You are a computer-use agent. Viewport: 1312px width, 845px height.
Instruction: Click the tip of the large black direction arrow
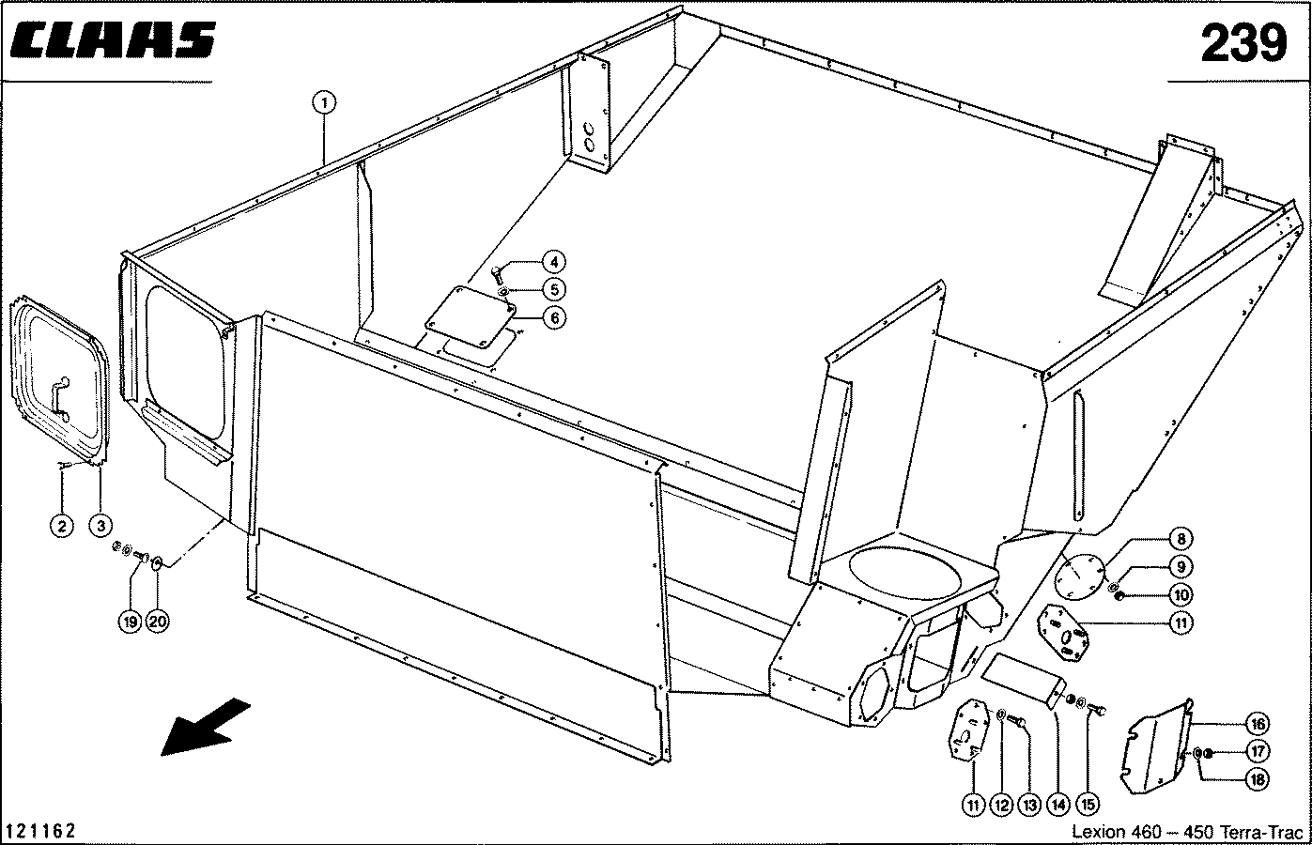(162, 755)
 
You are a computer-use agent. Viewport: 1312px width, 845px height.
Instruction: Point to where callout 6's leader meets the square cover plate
(515, 318)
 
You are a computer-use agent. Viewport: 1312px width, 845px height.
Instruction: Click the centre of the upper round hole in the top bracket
(589, 129)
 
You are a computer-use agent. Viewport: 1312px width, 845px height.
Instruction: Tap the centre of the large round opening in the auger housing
(905, 574)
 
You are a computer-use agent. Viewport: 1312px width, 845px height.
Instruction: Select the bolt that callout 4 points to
(497, 274)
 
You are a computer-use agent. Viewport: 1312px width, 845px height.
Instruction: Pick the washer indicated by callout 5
(502, 291)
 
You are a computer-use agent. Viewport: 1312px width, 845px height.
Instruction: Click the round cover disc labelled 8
(1079, 576)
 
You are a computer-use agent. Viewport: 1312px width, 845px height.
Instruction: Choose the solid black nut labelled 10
(1119, 597)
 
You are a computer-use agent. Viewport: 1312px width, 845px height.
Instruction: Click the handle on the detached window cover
(60, 398)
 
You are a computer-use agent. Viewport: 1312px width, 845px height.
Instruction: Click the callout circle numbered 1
(324, 103)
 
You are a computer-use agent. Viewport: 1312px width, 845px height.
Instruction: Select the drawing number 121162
(40, 831)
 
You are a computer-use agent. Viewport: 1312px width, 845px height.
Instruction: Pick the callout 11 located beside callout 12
(973, 806)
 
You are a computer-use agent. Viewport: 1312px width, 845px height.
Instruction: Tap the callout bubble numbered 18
(1258, 779)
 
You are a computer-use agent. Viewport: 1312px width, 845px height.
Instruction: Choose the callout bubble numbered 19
(130, 621)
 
